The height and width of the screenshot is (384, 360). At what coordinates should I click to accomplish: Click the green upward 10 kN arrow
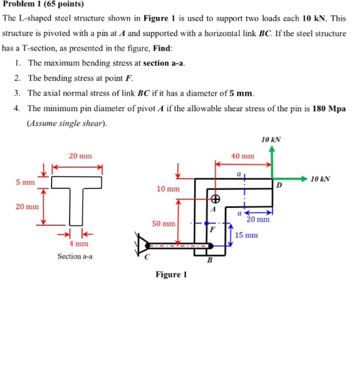tap(273, 162)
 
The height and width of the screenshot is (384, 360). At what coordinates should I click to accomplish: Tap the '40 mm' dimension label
tap(243, 156)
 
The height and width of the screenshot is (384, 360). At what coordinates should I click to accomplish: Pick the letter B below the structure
tap(209, 261)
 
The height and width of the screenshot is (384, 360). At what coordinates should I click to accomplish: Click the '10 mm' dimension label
tap(168, 189)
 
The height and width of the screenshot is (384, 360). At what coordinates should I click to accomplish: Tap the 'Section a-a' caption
tap(75, 256)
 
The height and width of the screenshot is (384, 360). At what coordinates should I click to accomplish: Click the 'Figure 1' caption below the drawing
tap(171, 274)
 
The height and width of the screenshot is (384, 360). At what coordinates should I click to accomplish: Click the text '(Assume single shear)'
tap(66, 123)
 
